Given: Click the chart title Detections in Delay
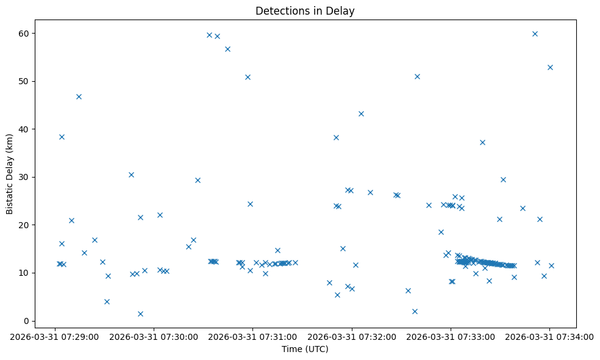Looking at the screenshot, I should tap(305, 11).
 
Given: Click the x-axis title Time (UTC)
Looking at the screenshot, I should tap(305, 349).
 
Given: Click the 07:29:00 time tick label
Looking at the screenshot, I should tap(55, 336).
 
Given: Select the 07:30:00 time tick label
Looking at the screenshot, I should tap(154, 336).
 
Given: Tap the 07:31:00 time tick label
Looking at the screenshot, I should tap(253, 336).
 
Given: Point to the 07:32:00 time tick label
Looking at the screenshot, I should tap(352, 336).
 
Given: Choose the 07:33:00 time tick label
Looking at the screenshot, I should tap(451, 336).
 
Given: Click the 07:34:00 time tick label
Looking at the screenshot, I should tap(549, 336).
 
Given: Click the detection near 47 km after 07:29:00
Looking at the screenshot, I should tap(79, 96).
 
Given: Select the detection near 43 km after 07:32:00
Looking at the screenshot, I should tap(361, 113).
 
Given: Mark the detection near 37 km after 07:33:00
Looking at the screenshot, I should tap(482, 142).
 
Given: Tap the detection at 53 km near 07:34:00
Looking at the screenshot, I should tap(550, 67).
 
